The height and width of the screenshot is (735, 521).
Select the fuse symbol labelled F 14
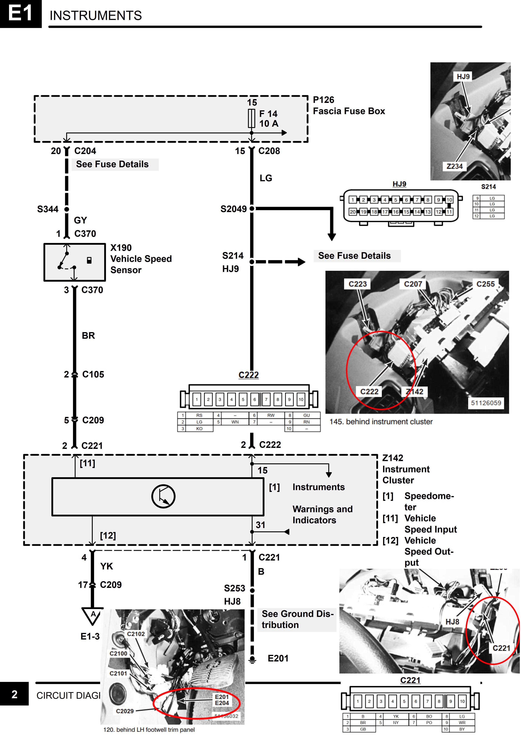pos(252,119)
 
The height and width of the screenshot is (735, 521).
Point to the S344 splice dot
pos(67,209)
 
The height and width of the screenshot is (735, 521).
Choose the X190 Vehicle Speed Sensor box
pos(74,262)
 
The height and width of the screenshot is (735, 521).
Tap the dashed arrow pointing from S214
pos(281,262)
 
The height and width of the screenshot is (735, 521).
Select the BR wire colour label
pos(88,335)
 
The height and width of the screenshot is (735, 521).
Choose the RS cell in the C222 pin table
pos(199,415)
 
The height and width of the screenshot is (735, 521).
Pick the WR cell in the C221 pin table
pos(462,722)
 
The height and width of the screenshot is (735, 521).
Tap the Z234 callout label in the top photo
pos(455,166)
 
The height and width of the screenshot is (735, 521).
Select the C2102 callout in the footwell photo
pos(136,634)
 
